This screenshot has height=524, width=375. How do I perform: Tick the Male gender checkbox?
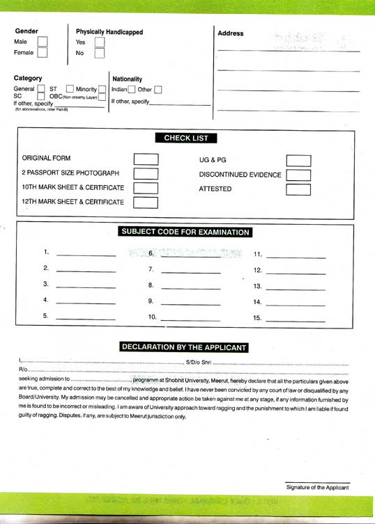pyautogui.click(x=43, y=42)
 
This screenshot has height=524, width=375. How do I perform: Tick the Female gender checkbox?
pyautogui.click(x=43, y=53)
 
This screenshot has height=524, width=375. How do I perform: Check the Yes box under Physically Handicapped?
pyautogui.click(x=100, y=42)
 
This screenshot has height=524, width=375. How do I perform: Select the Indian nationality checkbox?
pyautogui.click(x=132, y=90)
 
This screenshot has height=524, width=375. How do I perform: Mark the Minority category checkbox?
pyautogui.click(x=102, y=89)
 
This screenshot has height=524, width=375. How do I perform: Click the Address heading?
pyautogui.click(x=231, y=33)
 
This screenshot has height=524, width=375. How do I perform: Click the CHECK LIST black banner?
pyautogui.click(x=186, y=138)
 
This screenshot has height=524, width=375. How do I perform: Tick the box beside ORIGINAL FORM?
pyautogui.click(x=146, y=159)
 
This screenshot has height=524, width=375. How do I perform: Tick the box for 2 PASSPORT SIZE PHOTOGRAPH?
pyautogui.click(x=146, y=173)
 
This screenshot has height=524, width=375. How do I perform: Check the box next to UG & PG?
pyautogui.click(x=298, y=160)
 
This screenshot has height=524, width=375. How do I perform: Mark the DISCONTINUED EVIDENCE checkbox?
pyautogui.click(x=298, y=175)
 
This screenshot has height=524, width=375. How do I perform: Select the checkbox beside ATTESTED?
pyautogui.click(x=298, y=189)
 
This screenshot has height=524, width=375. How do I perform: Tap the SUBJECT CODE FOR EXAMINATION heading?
pyautogui.click(x=185, y=232)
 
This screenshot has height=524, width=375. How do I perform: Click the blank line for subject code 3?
pyautogui.click(x=86, y=287)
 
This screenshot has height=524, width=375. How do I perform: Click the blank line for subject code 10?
pyautogui.click(x=190, y=320)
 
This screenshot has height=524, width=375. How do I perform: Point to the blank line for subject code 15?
pyautogui.click(x=296, y=321)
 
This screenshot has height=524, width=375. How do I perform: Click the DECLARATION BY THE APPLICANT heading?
pyautogui.click(x=184, y=347)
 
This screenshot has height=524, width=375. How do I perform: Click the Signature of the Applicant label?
pyautogui.click(x=317, y=488)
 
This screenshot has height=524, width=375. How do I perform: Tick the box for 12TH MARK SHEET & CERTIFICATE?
pyautogui.click(x=146, y=203)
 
